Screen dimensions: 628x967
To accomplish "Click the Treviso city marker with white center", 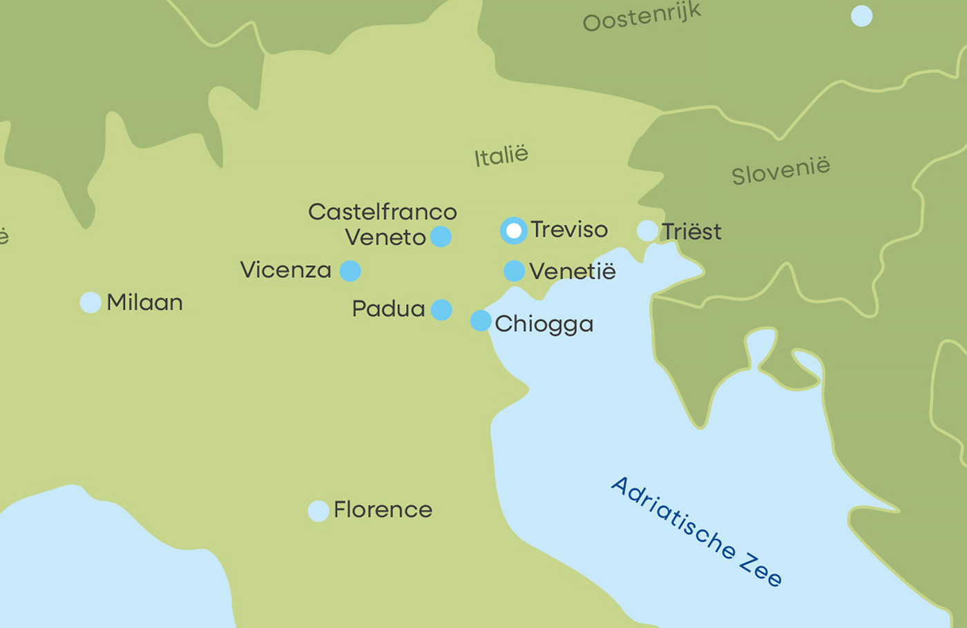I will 513,230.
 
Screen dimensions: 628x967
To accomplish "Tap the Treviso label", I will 569,230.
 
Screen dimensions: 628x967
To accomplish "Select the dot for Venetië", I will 514,271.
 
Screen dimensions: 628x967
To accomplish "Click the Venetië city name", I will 572,271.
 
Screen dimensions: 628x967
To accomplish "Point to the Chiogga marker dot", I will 481,321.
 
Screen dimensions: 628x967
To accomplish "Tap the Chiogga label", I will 544,324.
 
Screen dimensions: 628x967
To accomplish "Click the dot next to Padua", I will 441,310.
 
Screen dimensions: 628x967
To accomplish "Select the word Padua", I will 388,308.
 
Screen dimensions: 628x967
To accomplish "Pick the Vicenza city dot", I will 350,271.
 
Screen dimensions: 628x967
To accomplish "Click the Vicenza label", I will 285,270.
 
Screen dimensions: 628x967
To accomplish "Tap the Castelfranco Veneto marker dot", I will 441,237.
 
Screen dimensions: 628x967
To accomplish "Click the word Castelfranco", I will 382,212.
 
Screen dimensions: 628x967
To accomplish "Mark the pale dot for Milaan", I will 90,302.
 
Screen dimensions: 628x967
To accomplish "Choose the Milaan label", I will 144,302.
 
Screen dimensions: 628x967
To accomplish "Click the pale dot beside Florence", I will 318,511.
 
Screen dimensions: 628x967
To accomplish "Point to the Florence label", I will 383,510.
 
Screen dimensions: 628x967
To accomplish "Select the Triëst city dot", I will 647,231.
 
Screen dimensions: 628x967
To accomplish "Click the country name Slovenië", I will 781,170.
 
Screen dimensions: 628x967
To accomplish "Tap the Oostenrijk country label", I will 642,17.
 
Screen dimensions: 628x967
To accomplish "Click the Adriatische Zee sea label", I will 696,531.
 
